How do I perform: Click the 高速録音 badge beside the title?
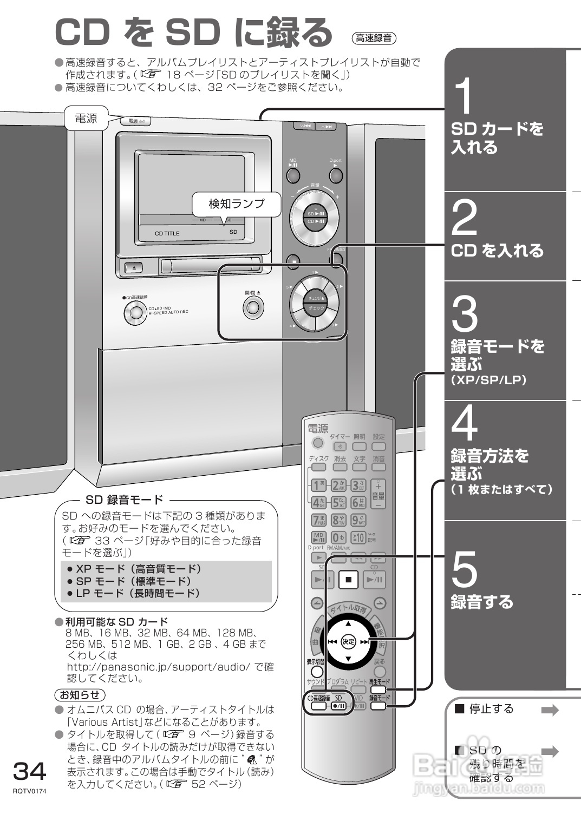click(x=374, y=38)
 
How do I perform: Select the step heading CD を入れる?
click(x=497, y=251)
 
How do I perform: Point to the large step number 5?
click(x=464, y=570)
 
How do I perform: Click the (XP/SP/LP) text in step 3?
click(x=488, y=380)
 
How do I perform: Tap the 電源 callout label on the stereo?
click(x=86, y=119)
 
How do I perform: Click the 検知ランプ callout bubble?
click(x=237, y=204)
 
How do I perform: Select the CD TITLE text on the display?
click(x=167, y=234)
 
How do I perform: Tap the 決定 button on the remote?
click(x=348, y=642)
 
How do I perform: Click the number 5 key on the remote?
click(x=338, y=503)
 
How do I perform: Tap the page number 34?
click(x=30, y=771)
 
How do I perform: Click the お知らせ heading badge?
click(x=80, y=695)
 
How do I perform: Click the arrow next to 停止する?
click(x=550, y=711)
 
